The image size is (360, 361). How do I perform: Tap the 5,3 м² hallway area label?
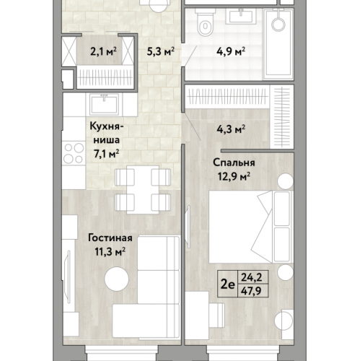(161, 51)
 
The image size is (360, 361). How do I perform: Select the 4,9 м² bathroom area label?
(231, 51)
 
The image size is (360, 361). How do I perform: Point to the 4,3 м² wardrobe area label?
(231, 129)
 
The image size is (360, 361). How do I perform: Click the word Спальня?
(234, 162)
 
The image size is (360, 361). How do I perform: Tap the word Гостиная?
(110, 238)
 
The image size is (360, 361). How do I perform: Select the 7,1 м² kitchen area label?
(107, 155)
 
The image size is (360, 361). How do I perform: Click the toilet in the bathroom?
(205, 22)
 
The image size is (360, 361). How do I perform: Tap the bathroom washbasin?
(240, 16)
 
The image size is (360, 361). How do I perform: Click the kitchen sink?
(104, 104)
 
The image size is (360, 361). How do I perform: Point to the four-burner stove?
(74, 153)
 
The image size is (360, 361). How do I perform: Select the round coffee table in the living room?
(117, 279)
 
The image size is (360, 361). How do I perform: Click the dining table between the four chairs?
(143, 189)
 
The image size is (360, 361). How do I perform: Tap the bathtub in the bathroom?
(278, 44)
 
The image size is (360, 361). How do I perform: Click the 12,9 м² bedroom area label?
(234, 177)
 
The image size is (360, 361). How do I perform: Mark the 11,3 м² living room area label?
(110, 252)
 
